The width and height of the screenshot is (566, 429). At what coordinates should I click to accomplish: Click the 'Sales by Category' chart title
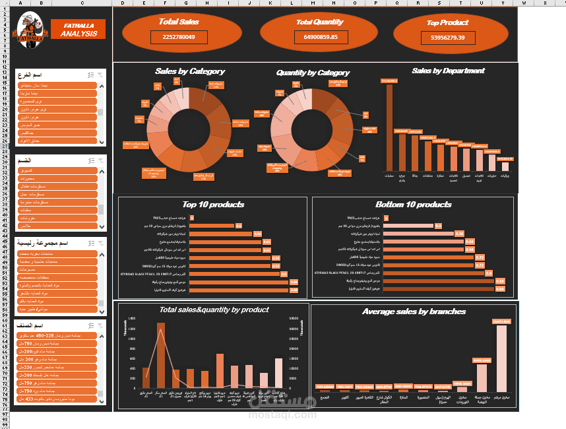click(x=190, y=71)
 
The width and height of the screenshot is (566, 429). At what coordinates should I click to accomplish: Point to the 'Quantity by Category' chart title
click(x=313, y=73)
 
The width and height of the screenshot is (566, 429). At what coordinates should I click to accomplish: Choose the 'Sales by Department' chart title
click(x=448, y=71)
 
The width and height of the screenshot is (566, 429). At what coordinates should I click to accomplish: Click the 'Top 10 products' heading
click(x=213, y=205)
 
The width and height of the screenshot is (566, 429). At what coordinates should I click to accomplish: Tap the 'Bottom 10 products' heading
click(x=414, y=205)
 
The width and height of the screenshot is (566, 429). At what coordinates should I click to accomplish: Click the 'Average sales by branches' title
click(x=414, y=312)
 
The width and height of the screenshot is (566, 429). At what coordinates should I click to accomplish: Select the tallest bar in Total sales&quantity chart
click(x=160, y=355)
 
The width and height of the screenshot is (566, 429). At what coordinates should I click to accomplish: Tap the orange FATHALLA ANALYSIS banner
click(x=78, y=30)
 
